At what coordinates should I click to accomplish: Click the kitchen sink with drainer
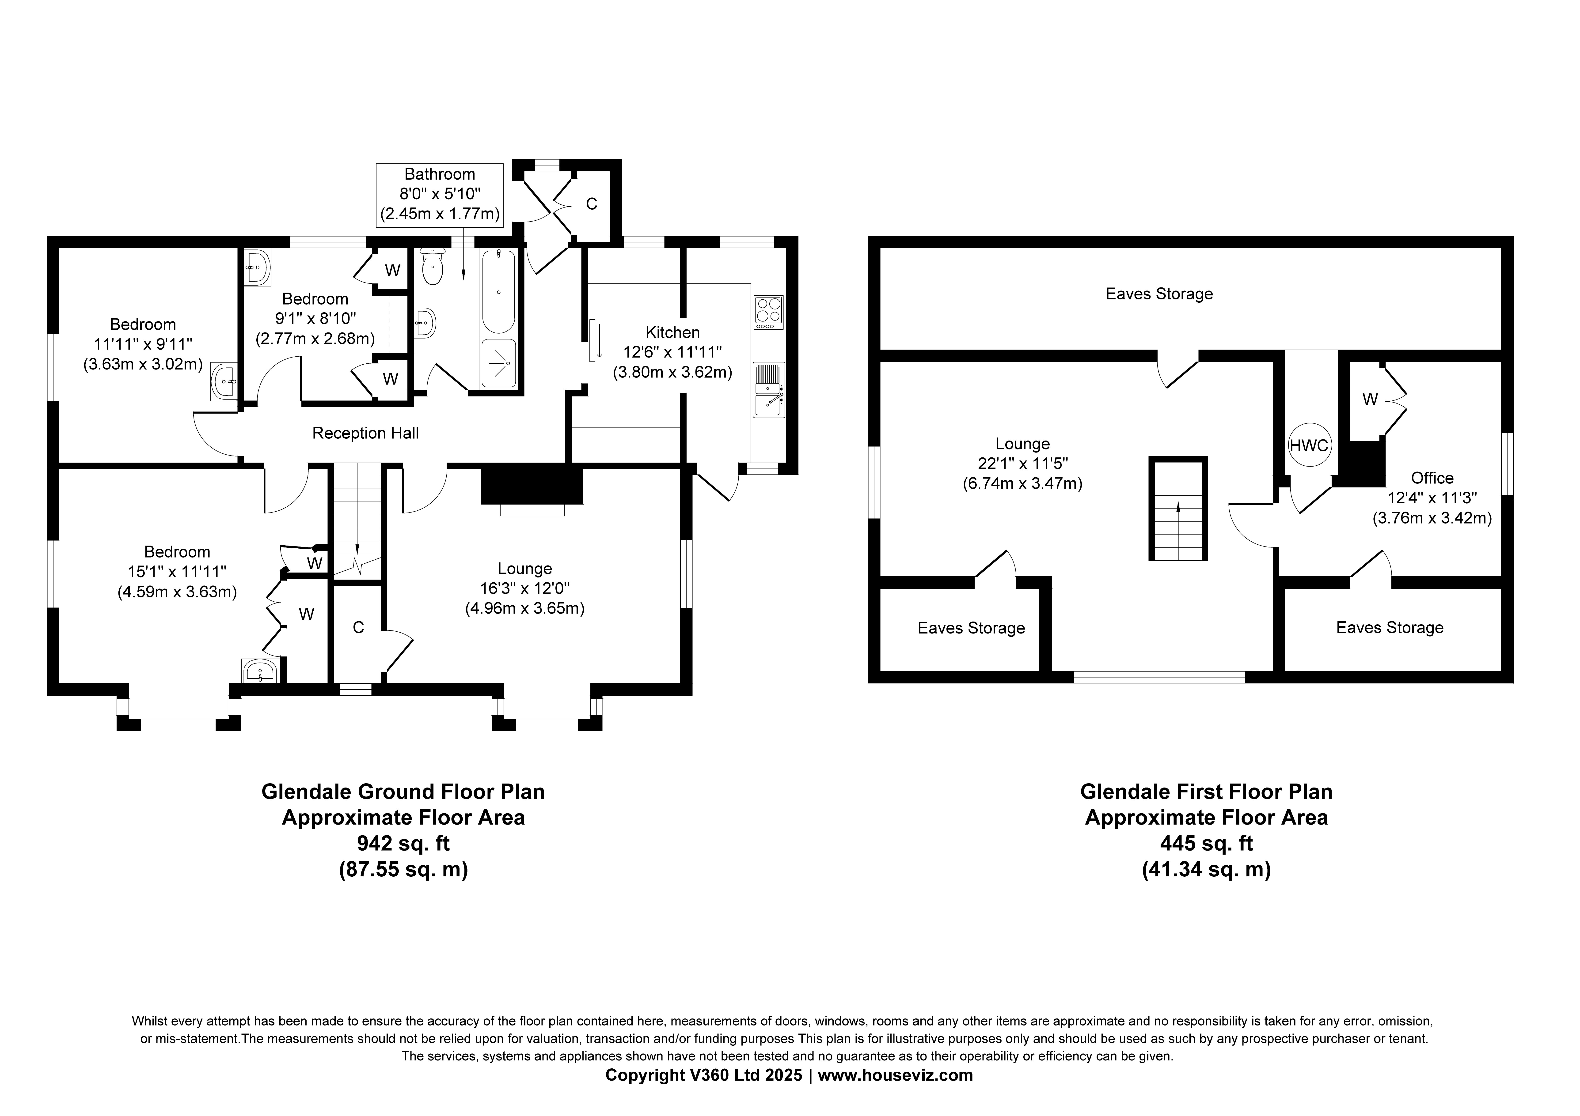[x=769, y=390]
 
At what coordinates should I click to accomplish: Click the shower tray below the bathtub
[x=498, y=363]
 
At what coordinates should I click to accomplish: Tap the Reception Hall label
[x=365, y=433]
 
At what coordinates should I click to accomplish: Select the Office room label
[x=1432, y=478]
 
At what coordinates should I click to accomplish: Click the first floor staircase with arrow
[x=1178, y=509]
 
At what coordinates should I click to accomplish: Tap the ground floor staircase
[x=357, y=520]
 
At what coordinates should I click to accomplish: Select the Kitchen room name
[x=672, y=332]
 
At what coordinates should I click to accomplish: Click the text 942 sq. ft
[x=403, y=843]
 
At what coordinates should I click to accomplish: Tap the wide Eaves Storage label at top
[x=1159, y=294]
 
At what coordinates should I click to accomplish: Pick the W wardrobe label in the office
[x=1370, y=399]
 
